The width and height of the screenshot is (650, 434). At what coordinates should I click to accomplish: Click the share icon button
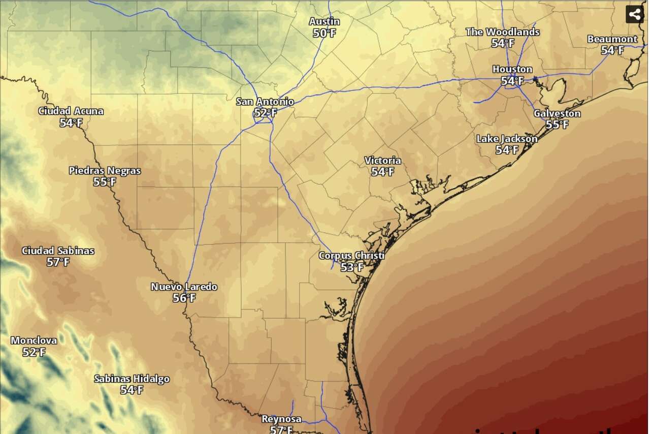(634, 14)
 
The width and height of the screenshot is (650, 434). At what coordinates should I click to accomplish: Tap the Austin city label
(324, 22)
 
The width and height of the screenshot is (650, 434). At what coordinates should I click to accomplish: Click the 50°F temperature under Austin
(324, 34)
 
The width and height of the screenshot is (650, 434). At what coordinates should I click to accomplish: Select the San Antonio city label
(265, 102)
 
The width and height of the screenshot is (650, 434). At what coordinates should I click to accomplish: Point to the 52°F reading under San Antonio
(265, 113)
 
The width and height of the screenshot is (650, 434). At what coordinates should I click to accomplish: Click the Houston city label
(512, 69)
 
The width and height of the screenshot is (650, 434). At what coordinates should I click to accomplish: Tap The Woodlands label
(502, 32)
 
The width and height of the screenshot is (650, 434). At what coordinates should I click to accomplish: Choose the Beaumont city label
(612, 39)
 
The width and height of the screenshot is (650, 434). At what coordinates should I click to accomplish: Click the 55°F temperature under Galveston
(557, 125)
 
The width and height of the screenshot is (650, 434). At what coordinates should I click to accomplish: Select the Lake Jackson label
(506, 139)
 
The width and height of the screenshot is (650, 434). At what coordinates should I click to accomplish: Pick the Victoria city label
(382, 161)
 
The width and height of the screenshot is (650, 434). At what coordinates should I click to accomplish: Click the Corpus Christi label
(351, 256)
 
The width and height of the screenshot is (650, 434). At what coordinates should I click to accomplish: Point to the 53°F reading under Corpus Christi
(351, 267)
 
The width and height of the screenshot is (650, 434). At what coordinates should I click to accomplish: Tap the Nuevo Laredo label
(184, 287)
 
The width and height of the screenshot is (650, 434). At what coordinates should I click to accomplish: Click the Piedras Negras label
(105, 171)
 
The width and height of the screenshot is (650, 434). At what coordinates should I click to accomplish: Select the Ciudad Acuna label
(71, 111)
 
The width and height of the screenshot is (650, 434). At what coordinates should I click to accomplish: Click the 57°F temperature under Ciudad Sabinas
(58, 262)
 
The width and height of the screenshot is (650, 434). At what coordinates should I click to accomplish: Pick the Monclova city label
(34, 340)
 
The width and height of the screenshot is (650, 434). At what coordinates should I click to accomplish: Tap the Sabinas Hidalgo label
(132, 379)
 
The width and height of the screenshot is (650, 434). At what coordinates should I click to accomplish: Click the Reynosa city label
(281, 419)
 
